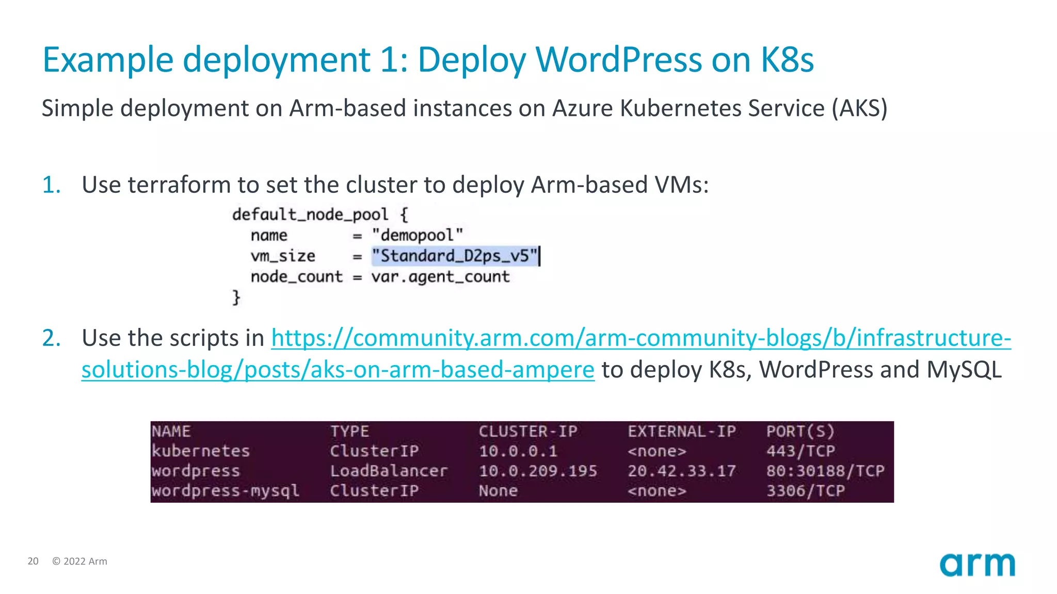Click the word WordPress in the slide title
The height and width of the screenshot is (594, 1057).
[619, 60]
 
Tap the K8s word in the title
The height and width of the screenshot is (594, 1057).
[787, 60]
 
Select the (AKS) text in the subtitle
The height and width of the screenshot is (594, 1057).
[859, 108]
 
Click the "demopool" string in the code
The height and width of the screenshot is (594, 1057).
[417, 235]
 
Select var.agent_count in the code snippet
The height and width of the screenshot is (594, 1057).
[440, 277]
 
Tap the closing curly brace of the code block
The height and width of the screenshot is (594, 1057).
[236, 298]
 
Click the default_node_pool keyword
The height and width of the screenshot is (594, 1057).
[310, 214]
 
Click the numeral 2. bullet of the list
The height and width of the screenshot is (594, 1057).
[51, 338]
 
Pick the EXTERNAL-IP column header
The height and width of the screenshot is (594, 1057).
[681, 431]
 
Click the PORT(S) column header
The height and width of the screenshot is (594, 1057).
[800, 431]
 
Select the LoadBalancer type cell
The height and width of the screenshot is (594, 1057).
[389, 471]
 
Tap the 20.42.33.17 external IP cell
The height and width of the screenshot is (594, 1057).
[681, 471]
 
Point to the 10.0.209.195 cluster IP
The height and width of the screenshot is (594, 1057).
[538, 471]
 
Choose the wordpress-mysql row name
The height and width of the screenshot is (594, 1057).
[225, 490]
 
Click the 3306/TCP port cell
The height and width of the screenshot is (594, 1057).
[805, 490]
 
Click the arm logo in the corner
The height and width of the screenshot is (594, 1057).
[977, 565]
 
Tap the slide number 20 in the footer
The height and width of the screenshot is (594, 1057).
[33, 561]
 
